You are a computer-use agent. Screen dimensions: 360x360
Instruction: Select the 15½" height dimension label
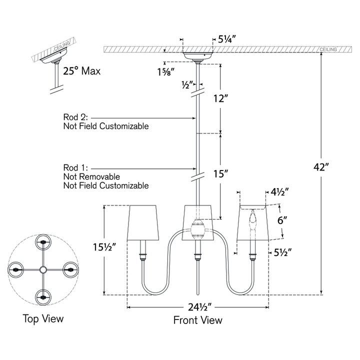point(104,247)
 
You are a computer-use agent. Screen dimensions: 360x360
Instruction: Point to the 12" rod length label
point(220,98)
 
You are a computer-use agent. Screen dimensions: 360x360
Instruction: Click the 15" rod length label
point(220,174)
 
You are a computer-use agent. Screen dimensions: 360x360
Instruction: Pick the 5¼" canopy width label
point(227,39)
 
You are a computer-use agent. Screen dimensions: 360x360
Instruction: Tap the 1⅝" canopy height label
point(165,72)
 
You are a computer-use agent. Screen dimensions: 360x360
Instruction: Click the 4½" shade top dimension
point(279,192)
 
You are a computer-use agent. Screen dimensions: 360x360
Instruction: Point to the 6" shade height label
point(282,220)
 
